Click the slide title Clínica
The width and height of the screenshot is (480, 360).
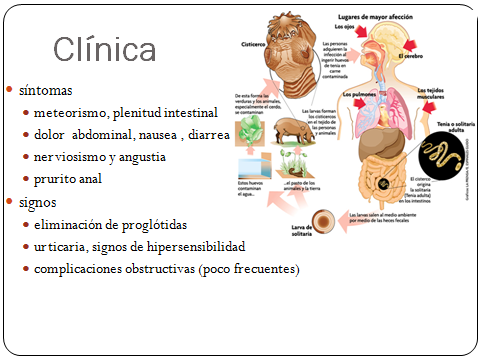(104, 49)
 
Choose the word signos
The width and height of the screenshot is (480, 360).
(38, 202)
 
